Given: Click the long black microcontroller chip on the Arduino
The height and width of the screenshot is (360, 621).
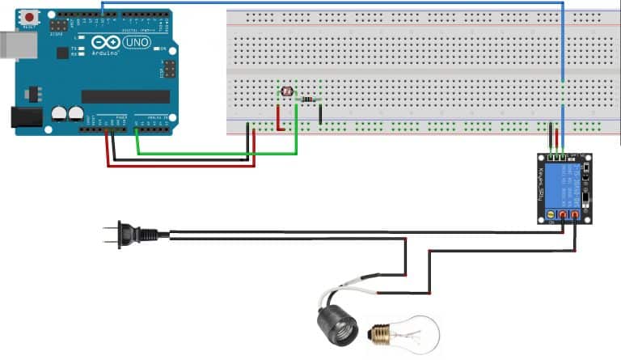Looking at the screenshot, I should click(125, 96).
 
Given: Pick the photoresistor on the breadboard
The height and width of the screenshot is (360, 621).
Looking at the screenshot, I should click(285, 92).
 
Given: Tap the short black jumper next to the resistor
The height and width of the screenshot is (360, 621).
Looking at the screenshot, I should click(321, 113).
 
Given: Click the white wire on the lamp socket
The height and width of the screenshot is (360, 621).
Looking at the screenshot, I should click(356, 283).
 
